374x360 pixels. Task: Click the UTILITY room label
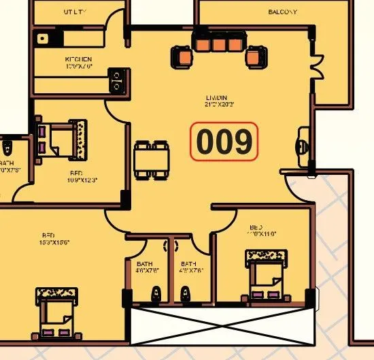pos(77,12)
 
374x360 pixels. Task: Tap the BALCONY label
pos(282,12)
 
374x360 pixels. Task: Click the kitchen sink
pos(43,39)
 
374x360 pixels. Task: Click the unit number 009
pos(224,142)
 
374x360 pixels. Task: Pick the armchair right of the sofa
pos(255,56)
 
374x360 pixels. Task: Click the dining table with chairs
pos(151,160)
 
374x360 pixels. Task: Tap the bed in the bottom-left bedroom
pos(55,311)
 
